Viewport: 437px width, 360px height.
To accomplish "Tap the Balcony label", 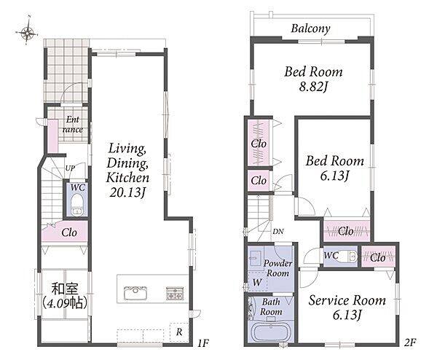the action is click(311, 28).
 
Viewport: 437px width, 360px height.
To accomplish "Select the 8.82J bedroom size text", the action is click(313, 87).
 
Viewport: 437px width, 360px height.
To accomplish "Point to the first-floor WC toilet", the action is click(76, 206).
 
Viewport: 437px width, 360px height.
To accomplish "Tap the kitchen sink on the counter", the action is click(135, 293).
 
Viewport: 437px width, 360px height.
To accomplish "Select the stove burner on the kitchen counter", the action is click(175, 293).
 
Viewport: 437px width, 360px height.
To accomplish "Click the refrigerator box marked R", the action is click(179, 332).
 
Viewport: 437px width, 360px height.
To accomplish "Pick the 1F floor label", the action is click(203, 343).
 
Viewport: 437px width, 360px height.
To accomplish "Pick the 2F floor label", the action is click(410, 343).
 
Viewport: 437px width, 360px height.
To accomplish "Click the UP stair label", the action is click(70, 168).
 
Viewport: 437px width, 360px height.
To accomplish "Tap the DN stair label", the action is click(278, 231).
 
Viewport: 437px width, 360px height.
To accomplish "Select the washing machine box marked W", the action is click(257, 281).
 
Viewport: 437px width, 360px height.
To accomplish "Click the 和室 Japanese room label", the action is click(66, 289).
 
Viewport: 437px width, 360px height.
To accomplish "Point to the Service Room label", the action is click(347, 300).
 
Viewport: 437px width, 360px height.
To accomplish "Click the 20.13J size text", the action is click(127, 192).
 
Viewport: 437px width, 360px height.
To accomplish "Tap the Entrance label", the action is click(72, 125).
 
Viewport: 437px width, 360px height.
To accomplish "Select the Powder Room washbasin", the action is click(255, 258).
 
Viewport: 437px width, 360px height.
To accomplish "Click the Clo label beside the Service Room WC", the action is click(378, 258).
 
